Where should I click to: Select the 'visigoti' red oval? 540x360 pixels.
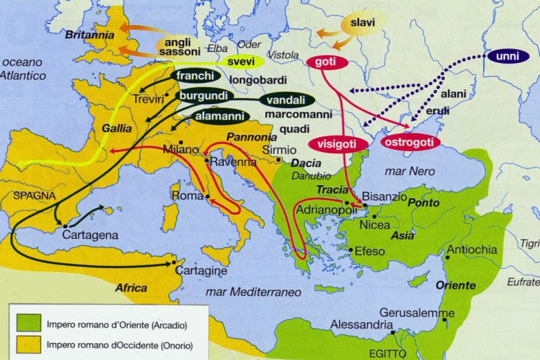(340, 144)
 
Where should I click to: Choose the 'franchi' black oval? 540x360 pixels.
(195, 76)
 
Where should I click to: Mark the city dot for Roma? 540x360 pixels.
(207, 197)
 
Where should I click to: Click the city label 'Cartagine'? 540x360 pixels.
(201, 270)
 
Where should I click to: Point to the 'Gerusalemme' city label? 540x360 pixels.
(413, 313)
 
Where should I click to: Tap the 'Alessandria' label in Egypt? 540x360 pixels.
(361, 325)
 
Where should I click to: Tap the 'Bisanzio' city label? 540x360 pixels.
(384, 197)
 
